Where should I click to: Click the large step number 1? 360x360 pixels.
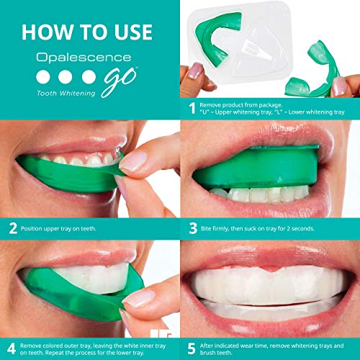(x=192, y=109)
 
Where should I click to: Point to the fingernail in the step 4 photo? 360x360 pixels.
(x=135, y=297)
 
